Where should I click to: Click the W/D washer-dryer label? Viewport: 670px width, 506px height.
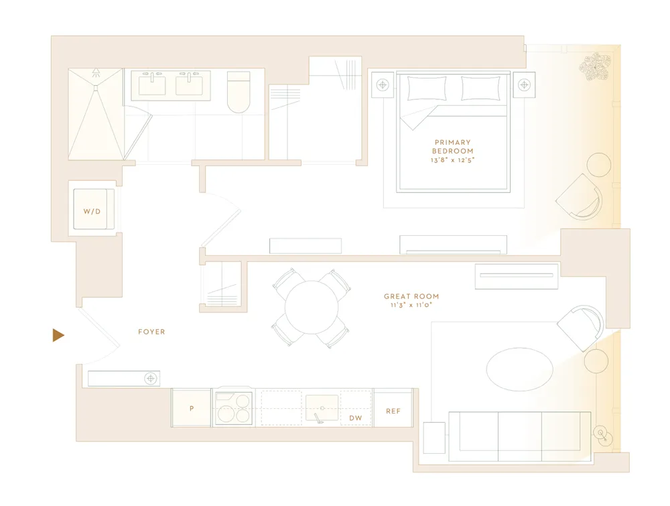pos(91,211)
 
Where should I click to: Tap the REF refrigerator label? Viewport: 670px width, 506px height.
pos(393,411)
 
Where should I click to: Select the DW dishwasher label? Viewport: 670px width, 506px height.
pos(356,418)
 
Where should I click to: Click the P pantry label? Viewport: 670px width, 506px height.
pos(192,407)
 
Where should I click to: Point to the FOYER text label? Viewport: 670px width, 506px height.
pos(151,332)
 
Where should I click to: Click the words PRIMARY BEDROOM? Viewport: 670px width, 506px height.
pos(452,147)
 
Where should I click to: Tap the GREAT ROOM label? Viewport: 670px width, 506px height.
pos(411,296)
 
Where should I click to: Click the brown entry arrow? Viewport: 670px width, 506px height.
pos(58,335)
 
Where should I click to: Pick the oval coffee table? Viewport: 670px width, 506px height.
pos(519,369)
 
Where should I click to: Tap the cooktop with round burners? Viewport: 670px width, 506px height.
pos(233,407)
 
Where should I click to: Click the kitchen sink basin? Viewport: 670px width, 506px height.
pos(322,407)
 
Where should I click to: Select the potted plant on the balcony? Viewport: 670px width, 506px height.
pos(594,68)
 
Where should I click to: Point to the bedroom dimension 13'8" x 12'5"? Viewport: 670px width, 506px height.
pos(453,160)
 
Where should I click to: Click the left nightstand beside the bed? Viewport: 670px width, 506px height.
pos(383,85)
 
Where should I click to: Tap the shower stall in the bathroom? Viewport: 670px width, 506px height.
pos(96,114)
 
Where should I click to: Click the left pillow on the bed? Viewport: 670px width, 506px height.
pos(427,88)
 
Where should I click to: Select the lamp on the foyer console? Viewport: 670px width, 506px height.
pos(151,379)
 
